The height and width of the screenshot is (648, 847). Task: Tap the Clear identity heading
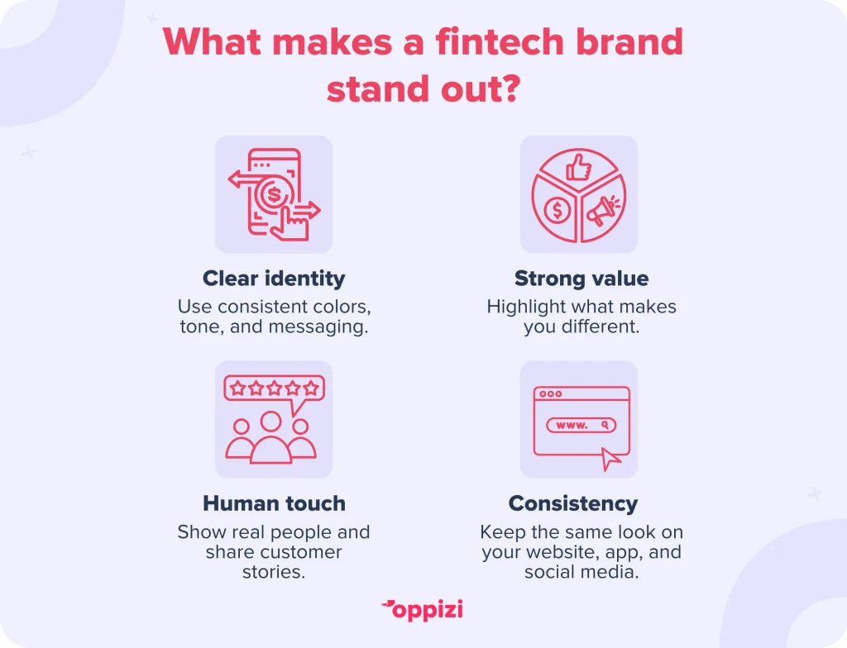coord(274,279)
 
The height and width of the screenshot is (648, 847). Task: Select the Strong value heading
coord(581,278)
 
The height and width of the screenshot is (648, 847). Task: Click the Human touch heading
coord(274,503)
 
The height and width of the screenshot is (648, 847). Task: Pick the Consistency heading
coord(573,504)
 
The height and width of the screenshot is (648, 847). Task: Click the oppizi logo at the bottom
coord(423,610)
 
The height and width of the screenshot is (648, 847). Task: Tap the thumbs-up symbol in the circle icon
coord(578,167)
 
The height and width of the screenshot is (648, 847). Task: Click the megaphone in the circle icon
coord(603,209)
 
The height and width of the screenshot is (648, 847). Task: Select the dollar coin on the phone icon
coord(274,194)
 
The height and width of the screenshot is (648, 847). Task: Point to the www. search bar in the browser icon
coord(581,425)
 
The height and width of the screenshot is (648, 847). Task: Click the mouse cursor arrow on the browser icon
coord(611,460)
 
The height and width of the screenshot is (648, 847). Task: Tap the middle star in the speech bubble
coord(275,388)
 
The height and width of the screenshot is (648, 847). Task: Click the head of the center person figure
coord(271,422)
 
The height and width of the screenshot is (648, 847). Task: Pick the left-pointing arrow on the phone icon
coord(248,179)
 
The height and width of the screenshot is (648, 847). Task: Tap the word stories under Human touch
coord(274,572)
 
